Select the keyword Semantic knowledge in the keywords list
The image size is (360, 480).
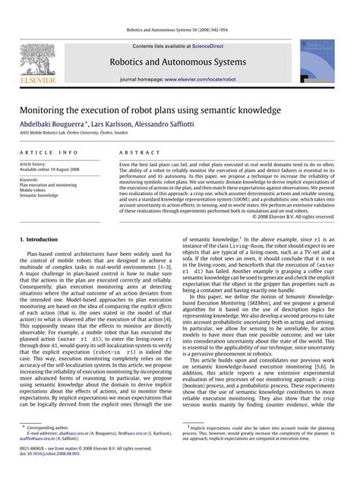(38, 195)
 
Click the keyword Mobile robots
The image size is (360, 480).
(34, 190)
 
